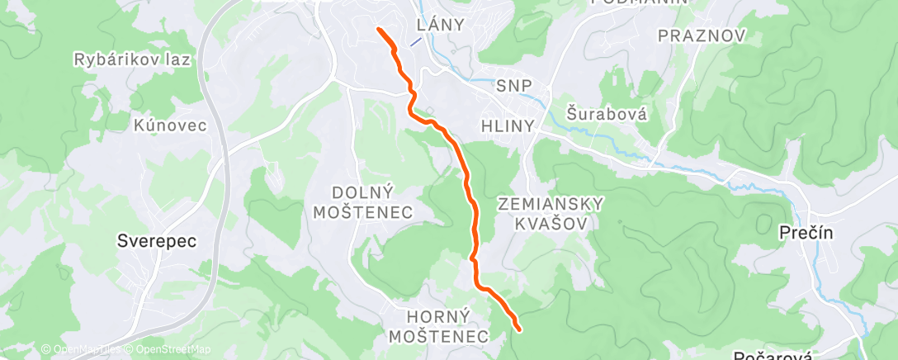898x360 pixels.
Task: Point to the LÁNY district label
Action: [x=441, y=25]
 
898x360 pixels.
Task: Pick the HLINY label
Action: [x=508, y=126]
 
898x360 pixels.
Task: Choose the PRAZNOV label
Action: [x=702, y=36]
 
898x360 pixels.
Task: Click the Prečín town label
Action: [x=806, y=234]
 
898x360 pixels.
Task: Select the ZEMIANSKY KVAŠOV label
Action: [x=551, y=213]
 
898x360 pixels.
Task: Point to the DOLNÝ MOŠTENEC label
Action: [x=372, y=202]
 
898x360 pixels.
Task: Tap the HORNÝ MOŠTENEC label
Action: [x=438, y=325]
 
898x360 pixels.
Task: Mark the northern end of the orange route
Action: [x=379, y=30]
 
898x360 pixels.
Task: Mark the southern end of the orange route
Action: [x=518, y=329]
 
